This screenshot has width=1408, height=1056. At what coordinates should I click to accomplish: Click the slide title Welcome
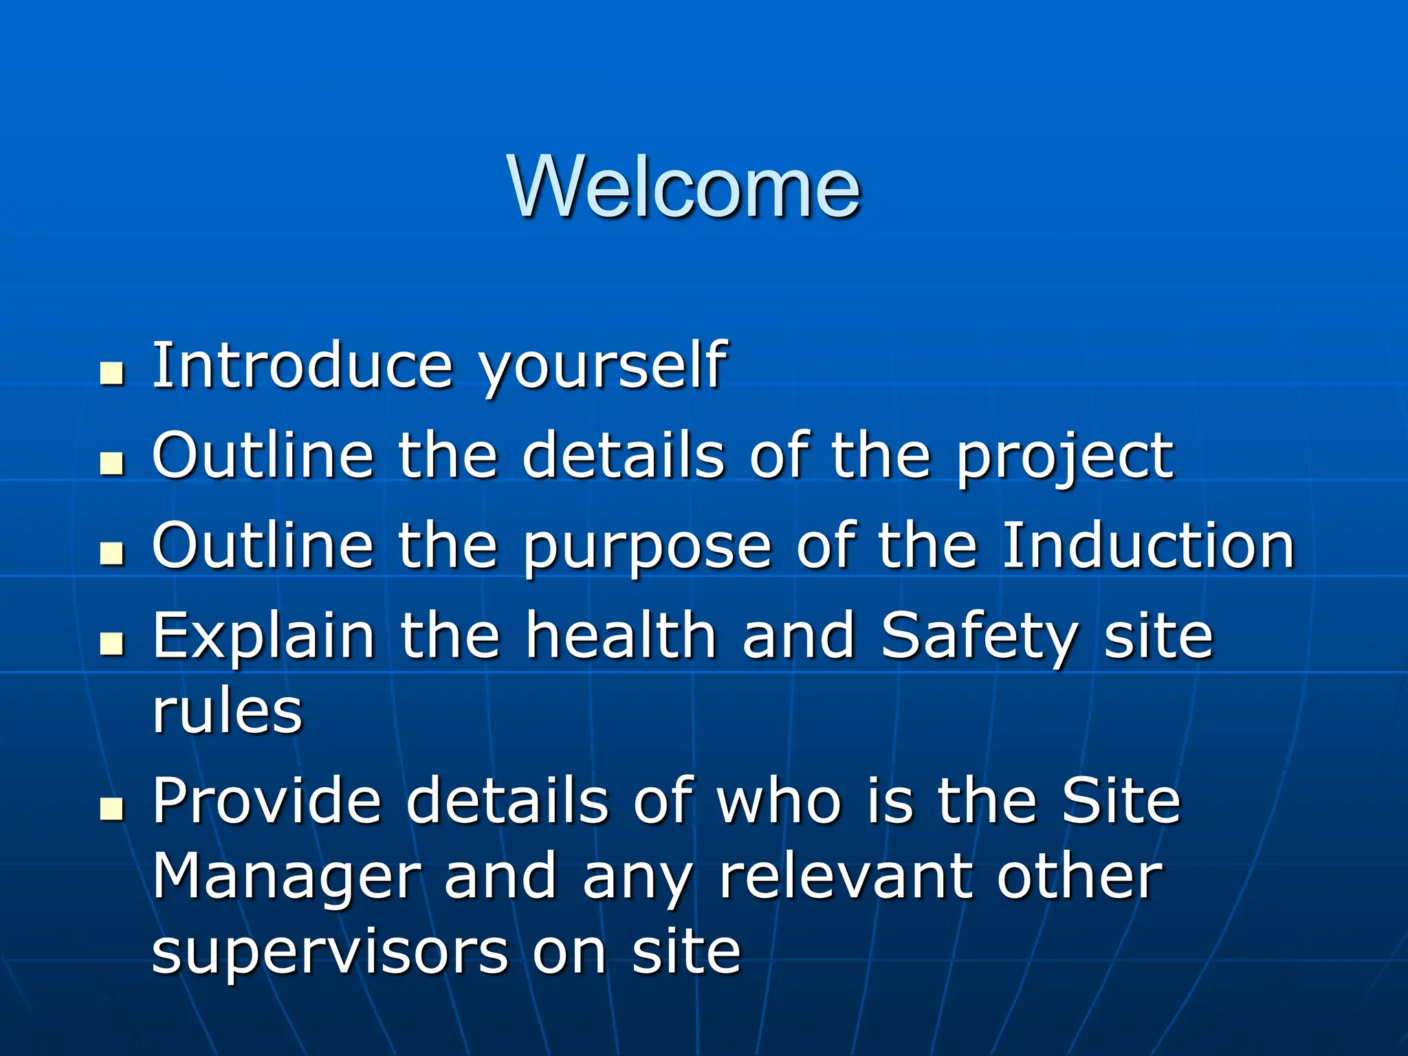pyautogui.click(x=684, y=187)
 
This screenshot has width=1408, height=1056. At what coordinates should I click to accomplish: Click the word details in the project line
pyautogui.click(x=623, y=455)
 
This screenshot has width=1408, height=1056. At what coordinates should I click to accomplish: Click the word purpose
pyautogui.click(x=647, y=548)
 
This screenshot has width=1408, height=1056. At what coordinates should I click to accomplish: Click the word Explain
pyautogui.click(x=263, y=637)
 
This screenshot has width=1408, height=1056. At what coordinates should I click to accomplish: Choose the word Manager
pyautogui.click(x=285, y=879)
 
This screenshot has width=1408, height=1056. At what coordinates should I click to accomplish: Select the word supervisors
pyautogui.click(x=329, y=954)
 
